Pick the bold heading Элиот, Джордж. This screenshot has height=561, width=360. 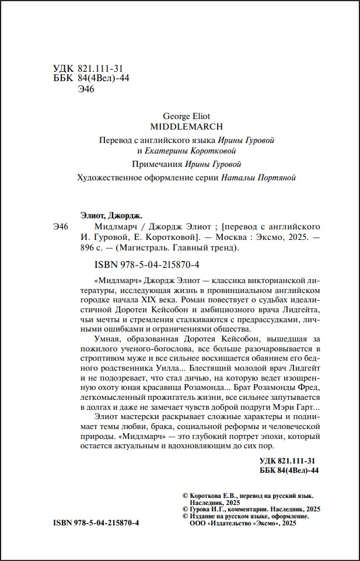pos(111,214)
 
